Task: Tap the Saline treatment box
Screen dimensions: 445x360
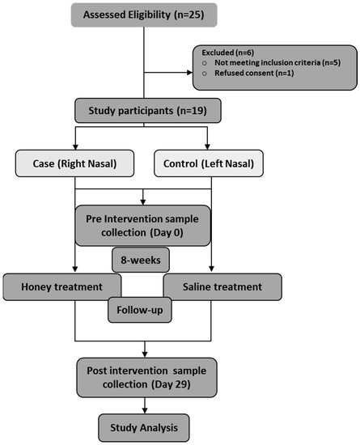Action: (x=223, y=286)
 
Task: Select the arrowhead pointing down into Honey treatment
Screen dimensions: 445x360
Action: (x=74, y=270)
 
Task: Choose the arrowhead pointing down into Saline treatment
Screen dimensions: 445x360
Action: (x=210, y=270)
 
